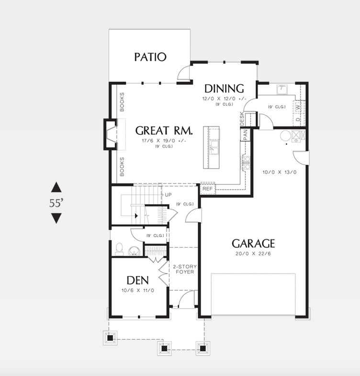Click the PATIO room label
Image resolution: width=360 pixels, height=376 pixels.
click(150, 57)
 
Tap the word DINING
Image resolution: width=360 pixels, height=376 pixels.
click(224, 89)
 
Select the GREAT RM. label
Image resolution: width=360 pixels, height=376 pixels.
click(164, 130)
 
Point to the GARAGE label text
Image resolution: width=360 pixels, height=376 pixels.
click(253, 243)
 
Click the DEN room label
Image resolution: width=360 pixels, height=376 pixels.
click(137, 280)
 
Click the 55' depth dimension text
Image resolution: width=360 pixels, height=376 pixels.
click(56, 203)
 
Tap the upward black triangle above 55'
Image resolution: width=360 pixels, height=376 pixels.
click(56, 187)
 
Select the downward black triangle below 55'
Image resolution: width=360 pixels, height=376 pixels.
click(56, 218)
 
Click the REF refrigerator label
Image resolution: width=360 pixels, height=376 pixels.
click(207, 189)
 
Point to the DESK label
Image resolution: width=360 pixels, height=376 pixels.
click(242, 119)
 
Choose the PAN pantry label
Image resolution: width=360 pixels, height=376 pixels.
click(245, 134)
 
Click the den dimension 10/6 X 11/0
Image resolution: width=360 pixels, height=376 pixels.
click(137, 291)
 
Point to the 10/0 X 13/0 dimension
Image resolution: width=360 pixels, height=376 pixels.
click(280, 172)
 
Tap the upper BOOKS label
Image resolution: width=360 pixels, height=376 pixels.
click(122, 102)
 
